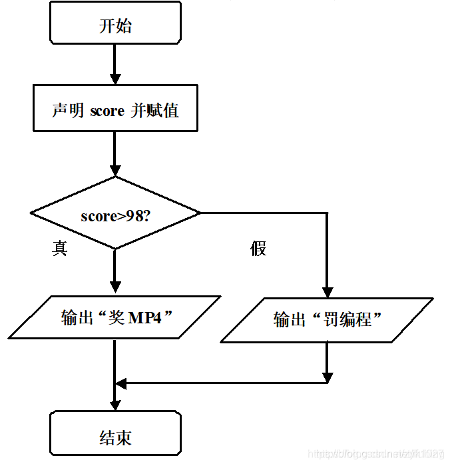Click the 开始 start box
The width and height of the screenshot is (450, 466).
115,26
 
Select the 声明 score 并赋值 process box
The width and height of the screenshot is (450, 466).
115,110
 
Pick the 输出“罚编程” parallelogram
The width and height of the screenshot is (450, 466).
327,319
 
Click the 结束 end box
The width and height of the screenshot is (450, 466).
115,437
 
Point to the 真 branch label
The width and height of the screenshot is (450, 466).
60,249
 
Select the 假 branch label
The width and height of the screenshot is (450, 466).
258,249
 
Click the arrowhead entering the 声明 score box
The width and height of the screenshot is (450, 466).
115,79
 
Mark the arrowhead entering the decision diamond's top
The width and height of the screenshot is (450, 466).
115,170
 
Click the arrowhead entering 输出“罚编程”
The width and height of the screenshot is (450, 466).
327,291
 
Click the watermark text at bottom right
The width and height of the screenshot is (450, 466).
377,455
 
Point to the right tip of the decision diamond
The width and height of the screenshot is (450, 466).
199,213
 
